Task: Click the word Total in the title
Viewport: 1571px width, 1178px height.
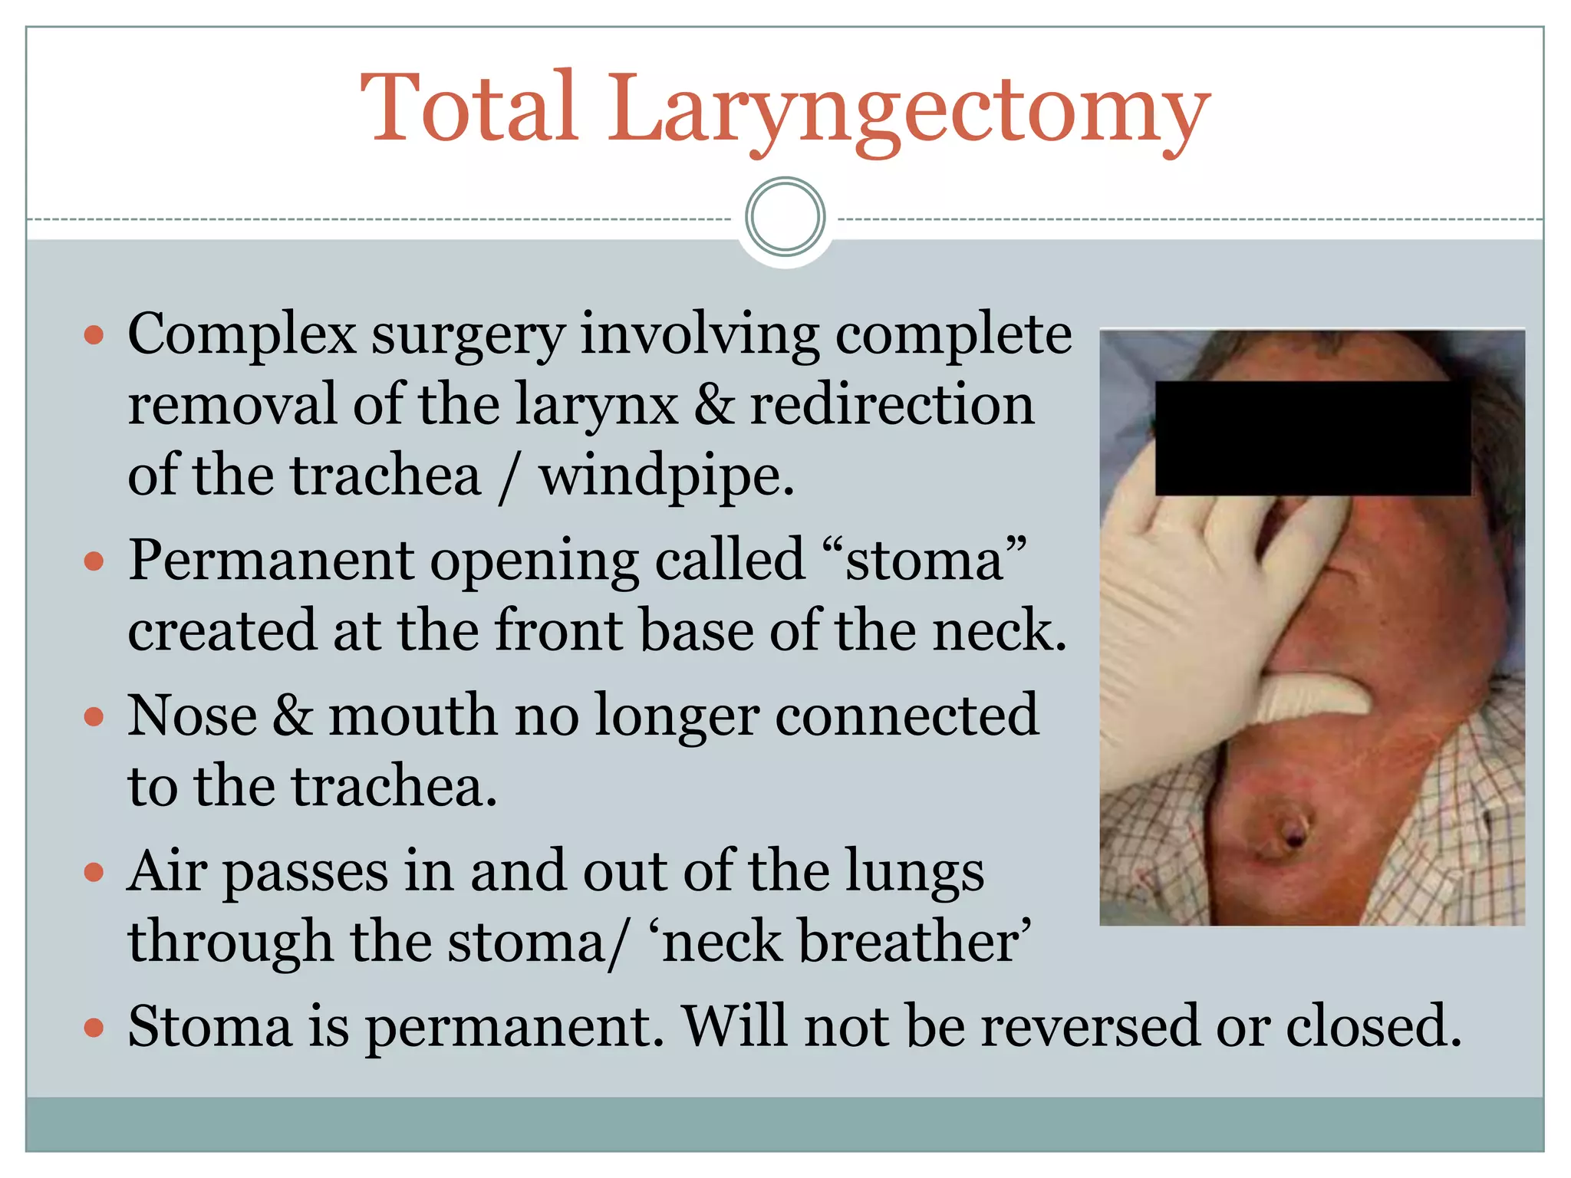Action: tap(469, 107)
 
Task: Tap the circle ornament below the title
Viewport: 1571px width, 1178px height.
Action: tap(785, 217)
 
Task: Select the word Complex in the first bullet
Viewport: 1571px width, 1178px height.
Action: tap(242, 335)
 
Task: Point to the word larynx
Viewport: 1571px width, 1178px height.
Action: tap(596, 404)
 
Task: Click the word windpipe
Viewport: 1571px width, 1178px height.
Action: tap(665, 476)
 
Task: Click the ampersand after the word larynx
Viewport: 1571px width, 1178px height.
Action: tap(713, 404)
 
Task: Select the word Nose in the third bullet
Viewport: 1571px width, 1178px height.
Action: tap(193, 715)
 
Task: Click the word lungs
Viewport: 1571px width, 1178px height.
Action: tap(914, 871)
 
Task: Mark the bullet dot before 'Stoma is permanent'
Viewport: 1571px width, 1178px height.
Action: tap(94, 1028)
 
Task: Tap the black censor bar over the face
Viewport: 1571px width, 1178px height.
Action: tap(1312, 438)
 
